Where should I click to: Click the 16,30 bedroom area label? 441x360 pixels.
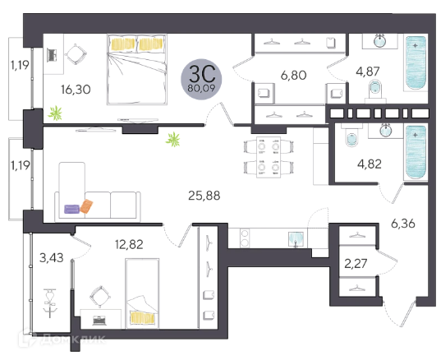tap(76, 90)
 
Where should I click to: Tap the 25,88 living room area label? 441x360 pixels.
tap(204, 196)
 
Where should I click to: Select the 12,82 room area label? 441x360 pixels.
tap(129, 244)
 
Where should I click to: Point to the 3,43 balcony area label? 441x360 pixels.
tap(52, 257)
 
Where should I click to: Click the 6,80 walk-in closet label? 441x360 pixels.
tap(294, 76)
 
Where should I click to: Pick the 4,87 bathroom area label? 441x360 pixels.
tap(368, 72)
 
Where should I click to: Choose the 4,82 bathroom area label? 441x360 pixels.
tap(370, 164)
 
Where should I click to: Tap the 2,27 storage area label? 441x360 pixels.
tap(356, 264)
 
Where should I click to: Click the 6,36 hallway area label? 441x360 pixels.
tap(403, 224)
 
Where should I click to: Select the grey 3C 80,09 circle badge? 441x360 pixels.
tap(201, 80)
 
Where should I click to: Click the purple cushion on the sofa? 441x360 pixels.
tap(72, 209)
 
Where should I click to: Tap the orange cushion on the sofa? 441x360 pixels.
tap(86, 206)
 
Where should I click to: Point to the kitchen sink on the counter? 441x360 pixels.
tap(296, 239)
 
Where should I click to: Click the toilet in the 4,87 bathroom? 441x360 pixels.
tap(375, 91)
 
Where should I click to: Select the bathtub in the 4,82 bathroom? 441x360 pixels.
tap(416, 152)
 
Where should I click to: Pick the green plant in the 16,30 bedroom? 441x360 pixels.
tap(55, 113)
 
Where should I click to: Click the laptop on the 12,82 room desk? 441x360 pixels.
tap(99, 321)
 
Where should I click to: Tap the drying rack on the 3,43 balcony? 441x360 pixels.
tap(50, 302)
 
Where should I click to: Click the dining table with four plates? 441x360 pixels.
tap(269, 157)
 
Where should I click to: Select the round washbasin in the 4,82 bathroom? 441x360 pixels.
tap(386, 131)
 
